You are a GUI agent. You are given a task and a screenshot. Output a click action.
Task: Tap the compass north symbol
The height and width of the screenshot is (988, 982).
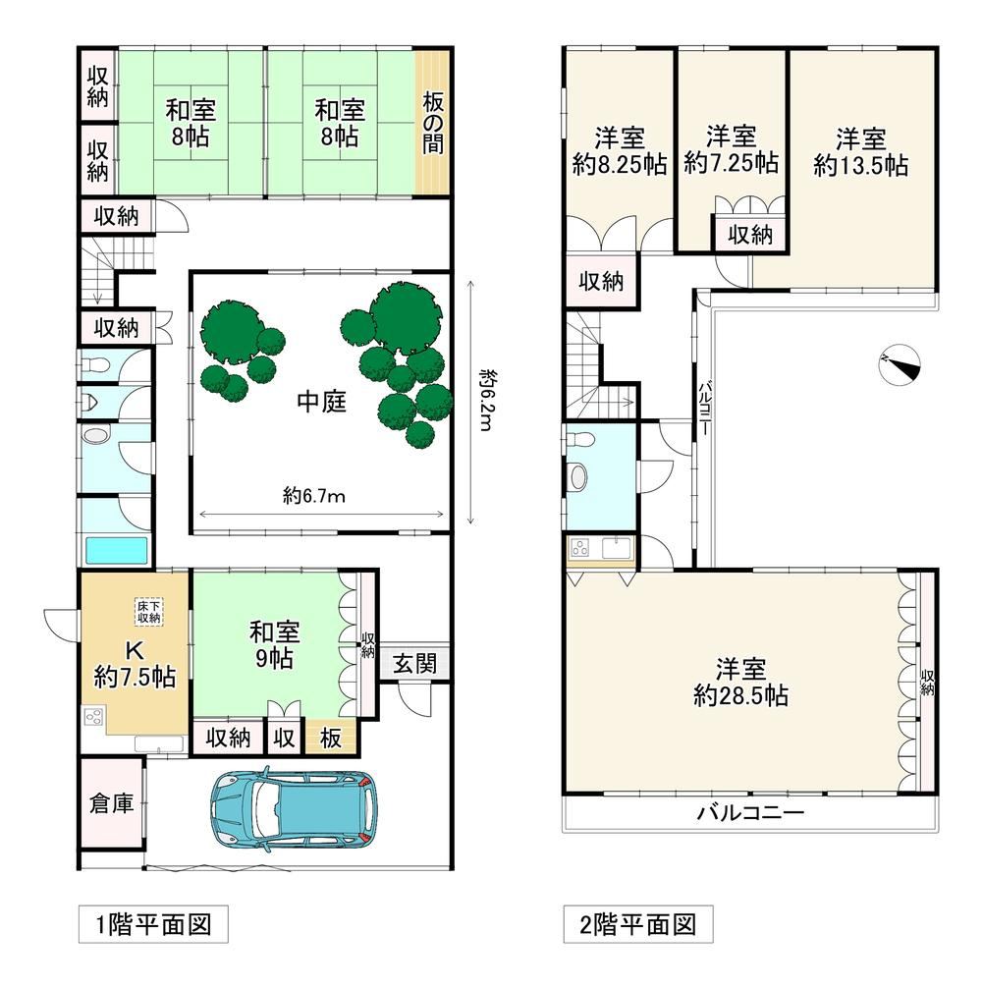point(900,364)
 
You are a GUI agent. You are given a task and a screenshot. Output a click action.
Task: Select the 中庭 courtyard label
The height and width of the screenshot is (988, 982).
point(322,402)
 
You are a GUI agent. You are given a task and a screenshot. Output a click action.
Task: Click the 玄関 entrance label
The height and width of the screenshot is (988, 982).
point(414,663)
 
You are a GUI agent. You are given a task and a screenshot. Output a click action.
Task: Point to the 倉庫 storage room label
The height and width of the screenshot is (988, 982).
point(112,802)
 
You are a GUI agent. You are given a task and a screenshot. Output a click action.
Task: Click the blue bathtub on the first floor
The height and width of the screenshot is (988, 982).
point(117,551)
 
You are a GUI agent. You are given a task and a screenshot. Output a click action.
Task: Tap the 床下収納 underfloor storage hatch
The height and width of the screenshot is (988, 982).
point(149,612)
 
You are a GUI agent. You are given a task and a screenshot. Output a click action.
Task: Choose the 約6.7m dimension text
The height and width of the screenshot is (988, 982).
point(313,497)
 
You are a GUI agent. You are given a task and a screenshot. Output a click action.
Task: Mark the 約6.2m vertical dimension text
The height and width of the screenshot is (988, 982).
point(486,400)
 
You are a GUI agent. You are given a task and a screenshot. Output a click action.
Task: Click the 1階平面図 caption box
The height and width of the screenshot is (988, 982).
point(153,925)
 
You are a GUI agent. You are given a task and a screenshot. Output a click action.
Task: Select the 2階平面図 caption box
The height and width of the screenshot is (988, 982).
point(638,924)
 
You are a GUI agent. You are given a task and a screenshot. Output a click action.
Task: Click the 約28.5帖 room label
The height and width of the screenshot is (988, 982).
point(740,695)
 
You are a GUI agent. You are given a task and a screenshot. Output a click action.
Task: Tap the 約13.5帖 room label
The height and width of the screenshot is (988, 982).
point(860,165)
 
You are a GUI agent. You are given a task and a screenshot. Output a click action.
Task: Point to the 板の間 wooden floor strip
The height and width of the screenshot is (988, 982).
point(432,123)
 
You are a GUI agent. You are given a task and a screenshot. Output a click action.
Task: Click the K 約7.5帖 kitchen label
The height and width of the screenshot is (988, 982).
point(135,664)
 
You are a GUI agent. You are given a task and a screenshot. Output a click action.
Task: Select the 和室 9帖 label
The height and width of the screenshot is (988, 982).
point(274,644)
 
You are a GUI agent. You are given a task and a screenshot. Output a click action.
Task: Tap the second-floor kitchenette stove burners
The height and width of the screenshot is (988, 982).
point(579,548)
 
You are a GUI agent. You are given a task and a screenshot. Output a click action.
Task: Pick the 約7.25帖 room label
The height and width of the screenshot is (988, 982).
point(731,163)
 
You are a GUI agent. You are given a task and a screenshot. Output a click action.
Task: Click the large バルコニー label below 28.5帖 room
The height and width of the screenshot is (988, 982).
point(750,812)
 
